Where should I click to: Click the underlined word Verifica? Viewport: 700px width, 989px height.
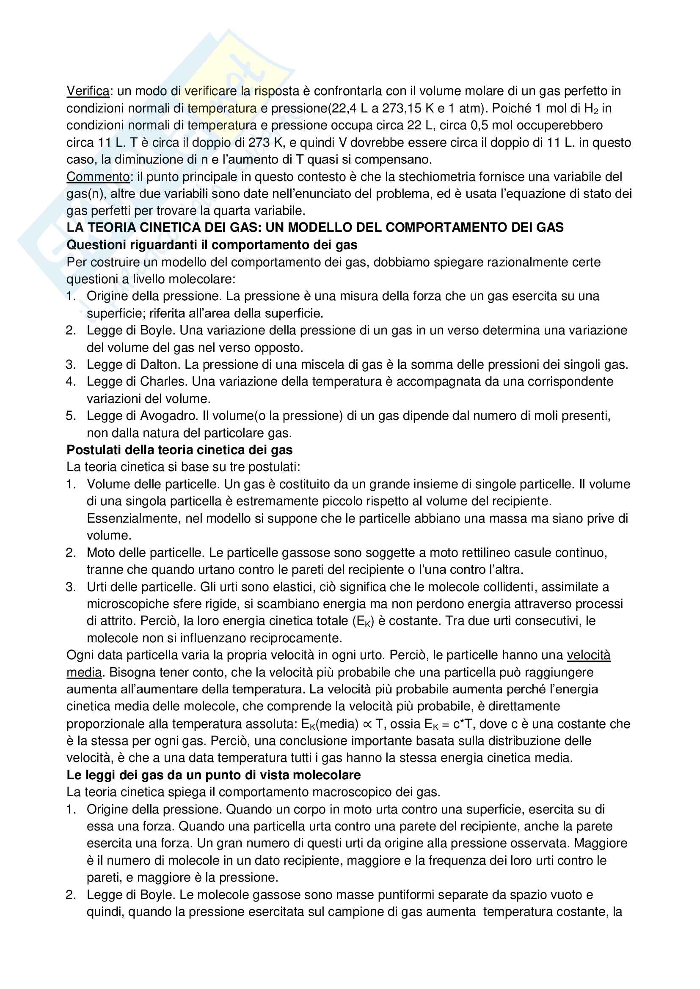(88, 91)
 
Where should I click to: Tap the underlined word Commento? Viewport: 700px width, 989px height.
(98, 177)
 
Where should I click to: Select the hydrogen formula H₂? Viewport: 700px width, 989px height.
(590, 109)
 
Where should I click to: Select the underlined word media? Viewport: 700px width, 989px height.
(84, 672)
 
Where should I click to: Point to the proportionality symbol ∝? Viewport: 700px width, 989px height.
(367, 724)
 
